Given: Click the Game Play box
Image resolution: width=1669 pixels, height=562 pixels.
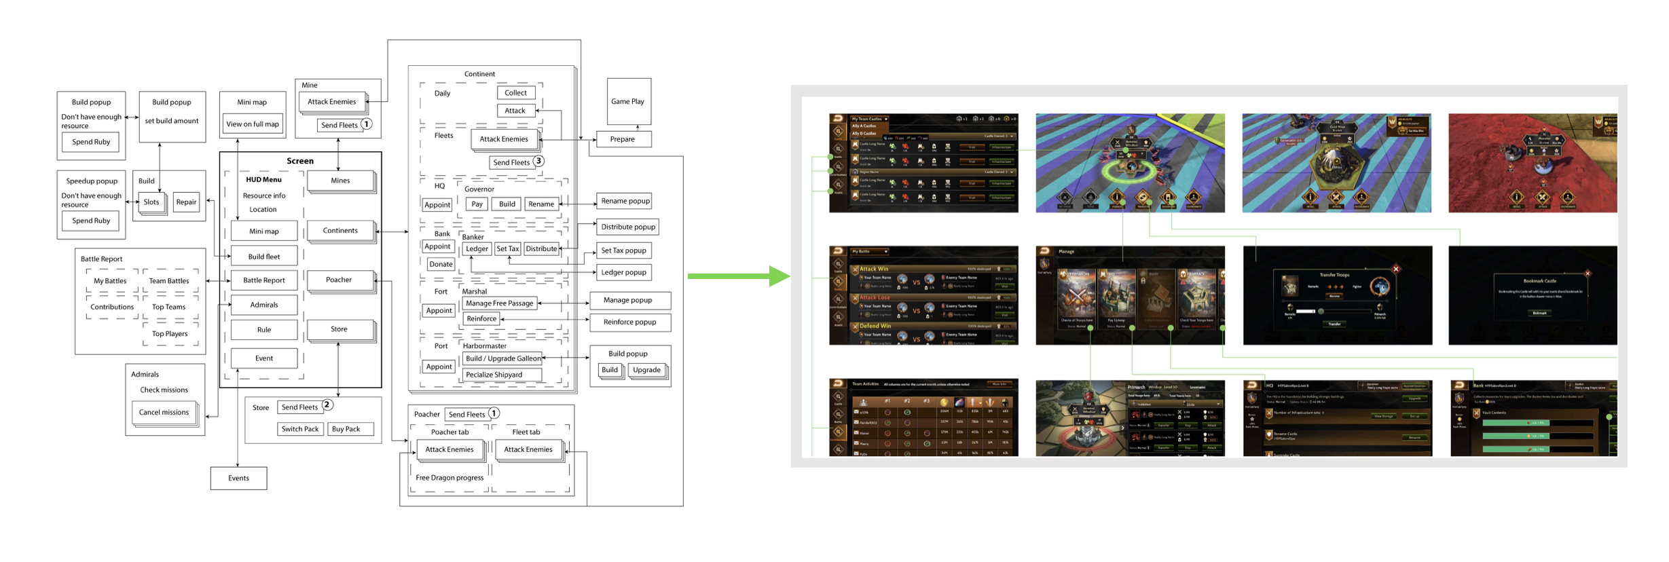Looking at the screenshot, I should (628, 101).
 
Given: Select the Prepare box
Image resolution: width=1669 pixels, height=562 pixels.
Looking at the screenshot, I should (623, 139).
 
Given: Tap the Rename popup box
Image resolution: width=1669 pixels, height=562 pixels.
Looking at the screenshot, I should (625, 201).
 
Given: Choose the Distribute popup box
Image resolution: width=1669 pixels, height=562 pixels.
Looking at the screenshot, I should (628, 227).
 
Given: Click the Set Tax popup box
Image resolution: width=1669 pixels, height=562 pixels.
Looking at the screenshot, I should (624, 250).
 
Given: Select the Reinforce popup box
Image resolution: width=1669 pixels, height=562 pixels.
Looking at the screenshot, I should (629, 322).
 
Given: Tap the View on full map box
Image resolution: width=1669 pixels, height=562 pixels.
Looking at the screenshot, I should (253, 124).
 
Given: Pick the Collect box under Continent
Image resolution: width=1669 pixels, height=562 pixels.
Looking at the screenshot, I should (515, 93).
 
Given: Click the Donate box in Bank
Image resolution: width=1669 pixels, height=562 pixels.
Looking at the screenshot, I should (441, 264).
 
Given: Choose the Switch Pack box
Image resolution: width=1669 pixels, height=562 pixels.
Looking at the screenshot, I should (300, 429).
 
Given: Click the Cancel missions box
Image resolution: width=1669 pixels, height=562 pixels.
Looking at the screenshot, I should (164, 412).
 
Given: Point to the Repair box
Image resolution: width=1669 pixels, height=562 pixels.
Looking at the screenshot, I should (186, 202).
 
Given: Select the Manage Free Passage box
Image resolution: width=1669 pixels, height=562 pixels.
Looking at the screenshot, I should (500, 303).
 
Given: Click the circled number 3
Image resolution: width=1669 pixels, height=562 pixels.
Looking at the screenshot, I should (538, 161).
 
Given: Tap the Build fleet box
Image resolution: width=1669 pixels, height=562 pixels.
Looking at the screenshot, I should (264, 257).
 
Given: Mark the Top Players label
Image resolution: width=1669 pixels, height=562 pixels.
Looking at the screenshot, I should (170, 334).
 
